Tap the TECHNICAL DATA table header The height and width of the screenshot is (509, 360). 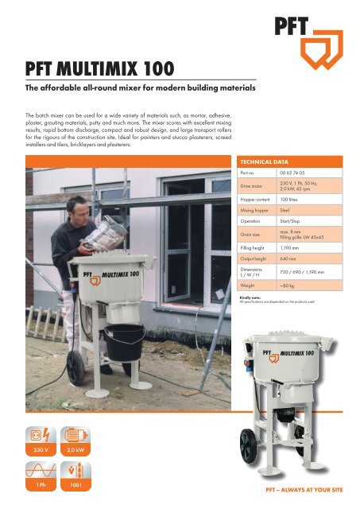[268, 159]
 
